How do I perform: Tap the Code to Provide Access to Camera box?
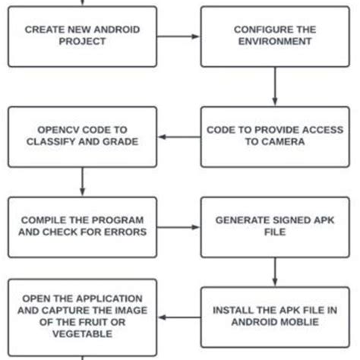point(274,135)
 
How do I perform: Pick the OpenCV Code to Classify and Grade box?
point(82,135)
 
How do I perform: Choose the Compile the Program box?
point(82,226)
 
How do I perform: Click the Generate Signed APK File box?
point(274,226)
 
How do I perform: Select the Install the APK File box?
point(274,315)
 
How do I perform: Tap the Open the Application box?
point(82,315)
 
